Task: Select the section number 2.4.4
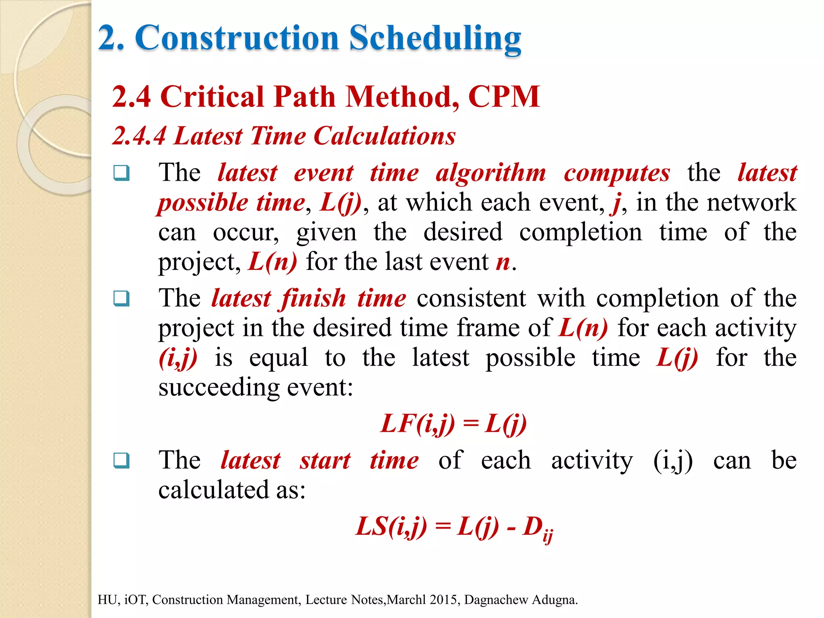tap(139, 136)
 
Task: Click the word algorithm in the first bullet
tap(491, 173)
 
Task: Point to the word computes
tap(617, 173)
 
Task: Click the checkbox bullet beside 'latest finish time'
tap(122, 299)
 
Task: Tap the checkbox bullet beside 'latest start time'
tap(122, 460)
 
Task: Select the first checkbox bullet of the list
tap(122, 173)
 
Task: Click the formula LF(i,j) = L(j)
tap(453, 424)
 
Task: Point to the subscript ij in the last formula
tap(548, 537)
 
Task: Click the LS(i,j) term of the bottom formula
tap(391, 527)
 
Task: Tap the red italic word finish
tap(313, 299)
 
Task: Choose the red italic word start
tap(325, 461)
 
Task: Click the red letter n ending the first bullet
tap(503, 263)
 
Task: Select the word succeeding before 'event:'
tap(219, 387)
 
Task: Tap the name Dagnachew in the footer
tap(496, 600)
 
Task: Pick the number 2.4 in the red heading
tap(132, 97)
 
